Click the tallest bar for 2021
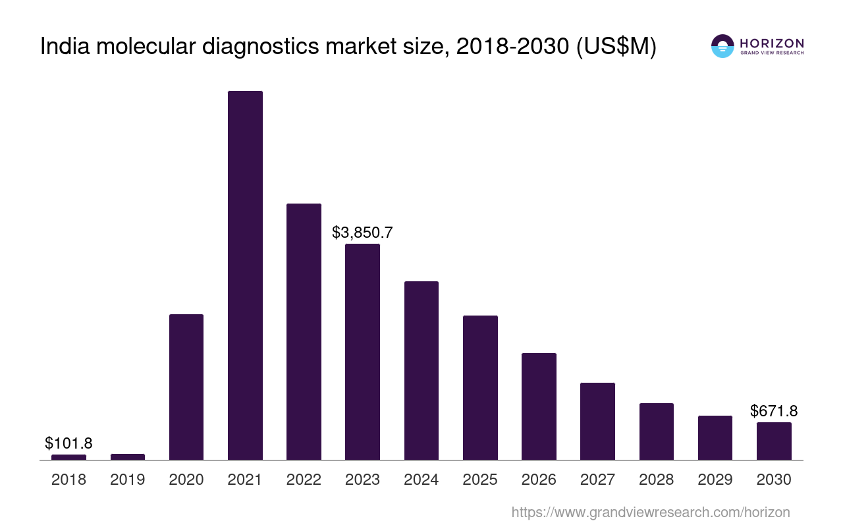245,275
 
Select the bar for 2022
304,331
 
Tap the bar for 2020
186,387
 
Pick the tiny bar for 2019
128,457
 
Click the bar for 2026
539,406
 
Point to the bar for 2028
657,431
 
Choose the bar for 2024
421,370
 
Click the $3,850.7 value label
362,233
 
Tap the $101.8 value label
68,443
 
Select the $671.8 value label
774,411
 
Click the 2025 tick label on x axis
480,480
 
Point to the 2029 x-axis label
715,480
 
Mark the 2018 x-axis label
68,480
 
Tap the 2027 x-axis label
597,480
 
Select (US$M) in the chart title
616,47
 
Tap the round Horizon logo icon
722,46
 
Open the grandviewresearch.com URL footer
651,512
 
